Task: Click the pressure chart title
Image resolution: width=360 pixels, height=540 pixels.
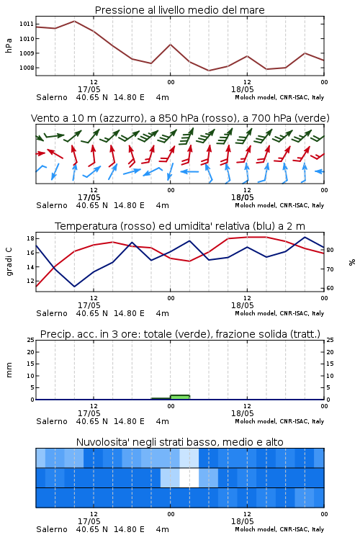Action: click(179, 10)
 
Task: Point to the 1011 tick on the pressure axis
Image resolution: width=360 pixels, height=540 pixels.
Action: click(27, 24)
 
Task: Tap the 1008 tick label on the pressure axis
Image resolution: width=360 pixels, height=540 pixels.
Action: click(27, 68)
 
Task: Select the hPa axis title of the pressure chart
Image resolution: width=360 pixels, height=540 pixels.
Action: click(9, 45)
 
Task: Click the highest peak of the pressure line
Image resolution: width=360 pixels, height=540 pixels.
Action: click(74, 21)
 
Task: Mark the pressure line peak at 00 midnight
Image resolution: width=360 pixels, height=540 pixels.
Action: click(170, 45)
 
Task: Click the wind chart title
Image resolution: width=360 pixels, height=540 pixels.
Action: click(180, 118)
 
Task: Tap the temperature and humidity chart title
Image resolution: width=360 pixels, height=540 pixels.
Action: click(180, 226)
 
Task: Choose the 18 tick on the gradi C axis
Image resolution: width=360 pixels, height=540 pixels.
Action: click(30, 238)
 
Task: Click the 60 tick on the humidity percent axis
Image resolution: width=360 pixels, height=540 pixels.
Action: click(330, 288)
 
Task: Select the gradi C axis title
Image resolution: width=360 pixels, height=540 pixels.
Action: click(9, 261)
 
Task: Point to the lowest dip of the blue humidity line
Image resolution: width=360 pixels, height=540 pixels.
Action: click(74, 287)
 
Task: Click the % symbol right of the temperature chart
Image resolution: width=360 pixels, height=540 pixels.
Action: click(352, 262)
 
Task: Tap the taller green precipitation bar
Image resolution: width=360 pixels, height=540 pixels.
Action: click(180, 397)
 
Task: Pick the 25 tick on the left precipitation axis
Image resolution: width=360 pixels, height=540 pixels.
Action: click(30, 340)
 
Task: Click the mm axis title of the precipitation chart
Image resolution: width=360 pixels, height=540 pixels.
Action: click(9, 369)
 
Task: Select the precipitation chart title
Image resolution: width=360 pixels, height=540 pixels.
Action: click(180, 334)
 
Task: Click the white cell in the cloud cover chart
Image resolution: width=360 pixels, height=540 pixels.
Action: click(189, 477)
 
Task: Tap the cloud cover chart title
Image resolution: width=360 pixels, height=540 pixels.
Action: click(180, 442)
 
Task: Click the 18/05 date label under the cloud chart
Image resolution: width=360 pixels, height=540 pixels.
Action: click(242, 521)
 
